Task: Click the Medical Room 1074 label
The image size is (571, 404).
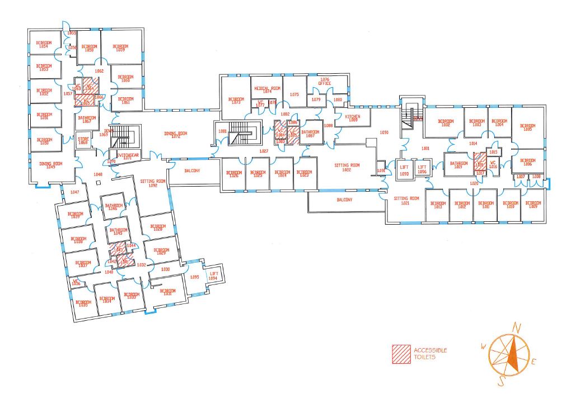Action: tap(267, 89)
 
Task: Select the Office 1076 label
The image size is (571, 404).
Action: tap(325, 82)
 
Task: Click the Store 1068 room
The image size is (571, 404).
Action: tap(83, 140)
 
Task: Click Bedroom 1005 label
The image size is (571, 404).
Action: tap(527, 127)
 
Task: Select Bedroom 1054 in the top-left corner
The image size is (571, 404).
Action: tap(44, 44)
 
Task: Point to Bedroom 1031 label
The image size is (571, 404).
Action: tap(167, 292)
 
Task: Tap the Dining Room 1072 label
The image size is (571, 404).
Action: tap(175, 135)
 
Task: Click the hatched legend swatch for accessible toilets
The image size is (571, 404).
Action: tap(400, 353)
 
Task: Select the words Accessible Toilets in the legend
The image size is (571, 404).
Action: tap(430, 353)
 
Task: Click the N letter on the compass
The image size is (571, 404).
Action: tap(518, 327)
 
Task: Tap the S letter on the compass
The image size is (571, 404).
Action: tap(502, 382)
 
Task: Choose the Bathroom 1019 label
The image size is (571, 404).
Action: tap(459, 165)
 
